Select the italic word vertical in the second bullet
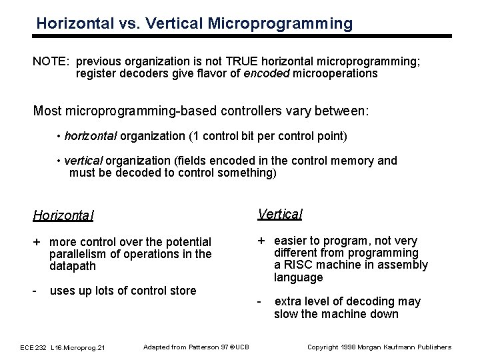point(83,161)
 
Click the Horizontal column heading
point(63,215)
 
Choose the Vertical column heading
point(279,214)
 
